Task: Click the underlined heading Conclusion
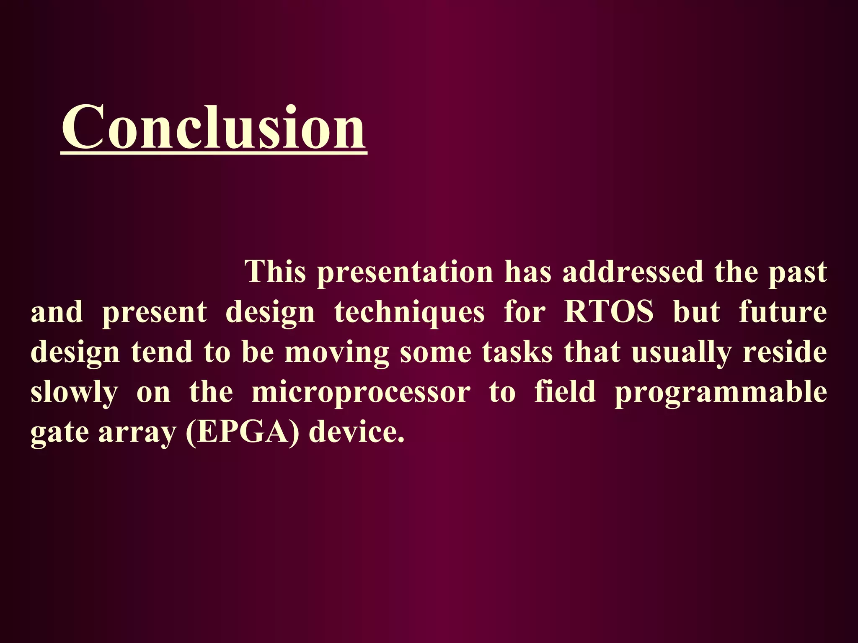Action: coord(214,128)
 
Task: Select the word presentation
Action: coord(405,273)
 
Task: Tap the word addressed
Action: coord(633,272)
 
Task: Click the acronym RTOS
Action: coord(609,312)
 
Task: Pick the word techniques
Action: coord(409,313)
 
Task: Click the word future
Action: coord(783,312)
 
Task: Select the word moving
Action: coord(337,353)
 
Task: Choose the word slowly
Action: coord(74,393)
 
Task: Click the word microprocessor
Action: coord(361,393)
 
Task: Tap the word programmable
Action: coord(721,393)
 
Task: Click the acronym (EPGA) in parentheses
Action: coord(243,432)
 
